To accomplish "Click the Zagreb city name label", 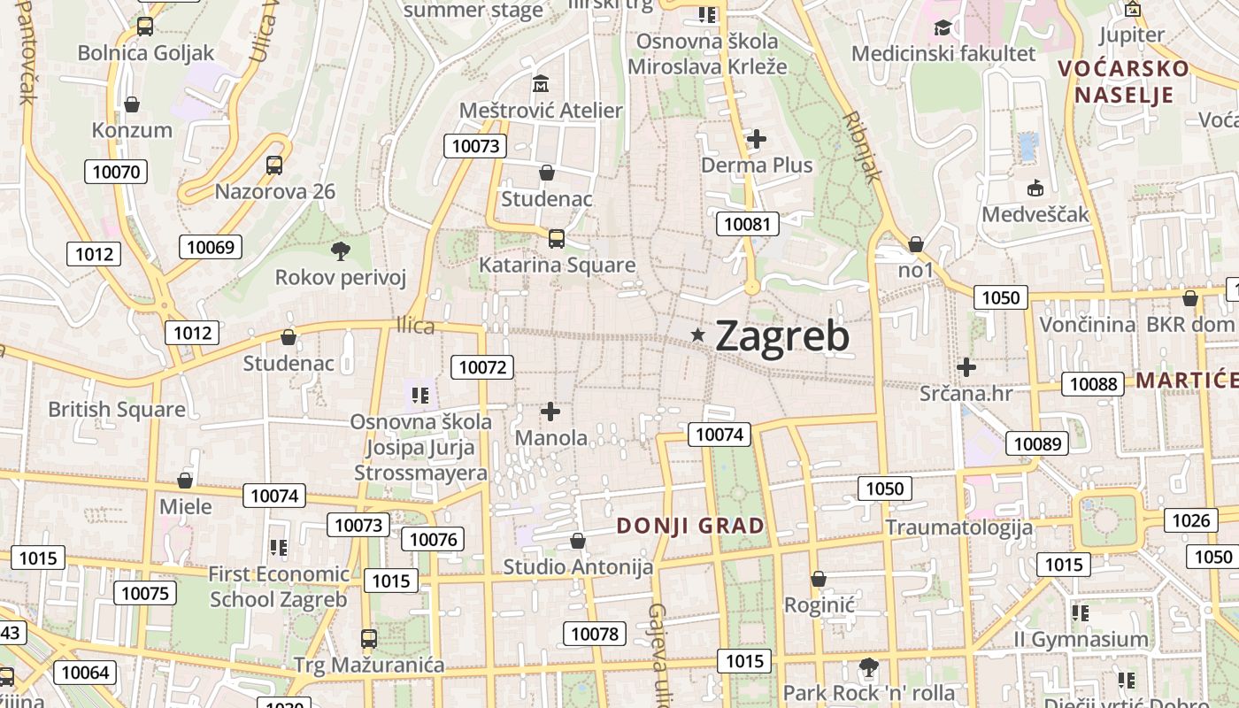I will (x=781, y=335).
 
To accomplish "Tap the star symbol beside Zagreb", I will (x=698, y=335).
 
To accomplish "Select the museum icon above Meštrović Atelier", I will (x=541, y=84).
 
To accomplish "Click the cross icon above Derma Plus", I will (x=757, y=139).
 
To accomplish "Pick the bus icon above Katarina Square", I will (x=557, y=238).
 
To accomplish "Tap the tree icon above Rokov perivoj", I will (x=341, y=251).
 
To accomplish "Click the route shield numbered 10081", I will (x=748, y=224).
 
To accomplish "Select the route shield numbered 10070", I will (x=116, y=172).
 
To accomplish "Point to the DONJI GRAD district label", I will (x=690, y=526).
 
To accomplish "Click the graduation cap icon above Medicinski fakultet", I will (x=943, y=27).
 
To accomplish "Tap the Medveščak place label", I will (x=1035, y=214).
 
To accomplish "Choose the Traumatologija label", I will (x=959, y=528).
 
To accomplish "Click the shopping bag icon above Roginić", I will (x=819, y=579).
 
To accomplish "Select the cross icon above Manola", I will (x=550, y=412).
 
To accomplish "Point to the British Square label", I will (x=117, y=409).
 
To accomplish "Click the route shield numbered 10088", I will (x=1093, y=383).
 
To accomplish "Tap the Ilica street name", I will (x=416, y=326).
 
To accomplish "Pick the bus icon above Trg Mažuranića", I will (x=369, y=638).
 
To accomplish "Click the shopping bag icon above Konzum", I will (x=132, y=104).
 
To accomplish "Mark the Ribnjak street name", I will (x=862, y=146).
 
